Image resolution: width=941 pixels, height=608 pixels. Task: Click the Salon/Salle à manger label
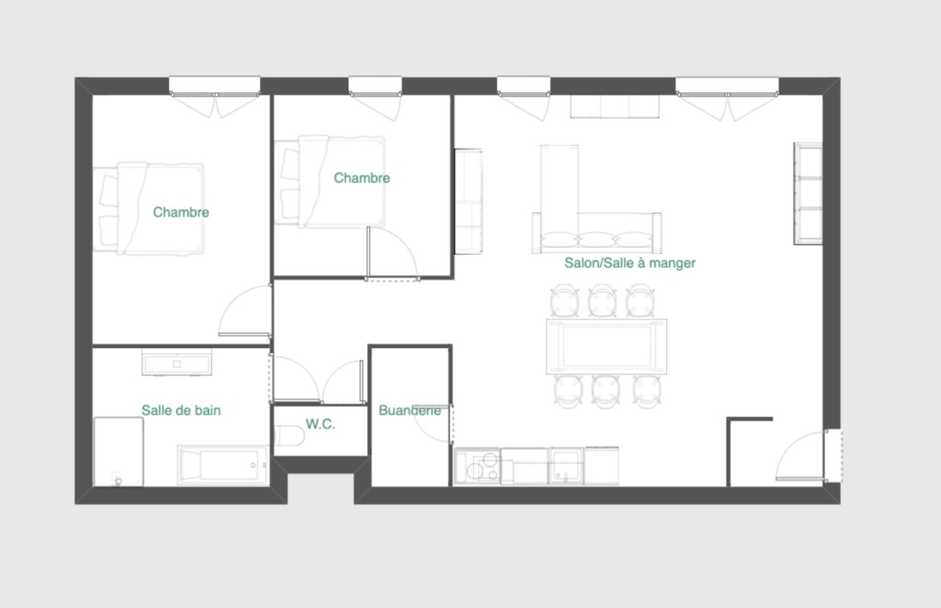pyautogui.click(x=630, y=263)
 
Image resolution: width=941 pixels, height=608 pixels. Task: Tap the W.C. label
pyautogui.click(x=321, y=424)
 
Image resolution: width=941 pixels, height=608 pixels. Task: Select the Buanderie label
pyautogui.click(x=409, y=410)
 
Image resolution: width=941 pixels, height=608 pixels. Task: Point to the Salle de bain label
pyautogui.click(x=181, y=410)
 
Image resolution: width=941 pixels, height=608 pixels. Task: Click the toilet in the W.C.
pyautogui.click(x=290, y=435)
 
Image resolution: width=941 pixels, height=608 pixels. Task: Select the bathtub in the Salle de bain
pyautogui.click(x=223, y=465)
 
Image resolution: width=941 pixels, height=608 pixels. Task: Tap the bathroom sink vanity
pyautogui.click(x=177, y=363)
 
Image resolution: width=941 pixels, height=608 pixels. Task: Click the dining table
pyautogui.click(x=607, y=347)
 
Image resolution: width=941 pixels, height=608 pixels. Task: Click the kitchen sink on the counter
pyautogui.click(x=566, y=466)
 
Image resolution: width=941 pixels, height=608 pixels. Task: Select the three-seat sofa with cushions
pyautogui.click(x=596, y=234)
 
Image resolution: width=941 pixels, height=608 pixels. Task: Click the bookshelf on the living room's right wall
pyautogui.click(x=808, y=193)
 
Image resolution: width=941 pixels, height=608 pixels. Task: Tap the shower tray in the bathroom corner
pyautogui.click(x=118, y=452)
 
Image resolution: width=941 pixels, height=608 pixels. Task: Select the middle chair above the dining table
pyautogui.click(x=602, y=300)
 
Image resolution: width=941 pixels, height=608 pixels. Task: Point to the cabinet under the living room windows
pyautogui.click(x=615, y=106)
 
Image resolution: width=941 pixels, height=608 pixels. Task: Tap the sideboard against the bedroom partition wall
pyautogui.click(x=468, y=201)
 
